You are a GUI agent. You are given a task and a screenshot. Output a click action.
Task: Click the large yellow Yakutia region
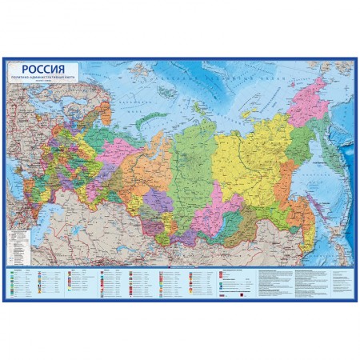[248, 148]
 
